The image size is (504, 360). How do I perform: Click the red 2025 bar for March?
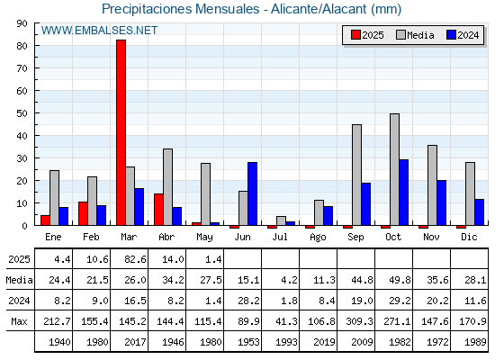121,132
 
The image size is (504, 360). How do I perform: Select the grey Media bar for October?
395,169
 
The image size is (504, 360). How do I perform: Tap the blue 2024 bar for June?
252,193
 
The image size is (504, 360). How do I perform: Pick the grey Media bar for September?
356,175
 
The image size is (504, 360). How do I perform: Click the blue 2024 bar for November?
442,202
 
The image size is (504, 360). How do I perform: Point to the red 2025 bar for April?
158,210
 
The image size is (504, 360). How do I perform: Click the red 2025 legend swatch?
355,35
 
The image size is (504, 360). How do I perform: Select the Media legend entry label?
420,35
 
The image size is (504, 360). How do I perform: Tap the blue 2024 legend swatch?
451,35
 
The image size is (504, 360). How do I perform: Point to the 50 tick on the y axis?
35,113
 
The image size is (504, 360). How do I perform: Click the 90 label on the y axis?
22,23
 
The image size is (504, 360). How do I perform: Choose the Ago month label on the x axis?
318,238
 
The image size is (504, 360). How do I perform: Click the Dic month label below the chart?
469,237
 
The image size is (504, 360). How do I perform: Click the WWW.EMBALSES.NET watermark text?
99,31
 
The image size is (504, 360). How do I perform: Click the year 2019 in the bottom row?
324,342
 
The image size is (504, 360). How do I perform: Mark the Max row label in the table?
19,321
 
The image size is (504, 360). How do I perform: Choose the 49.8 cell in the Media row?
400,280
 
